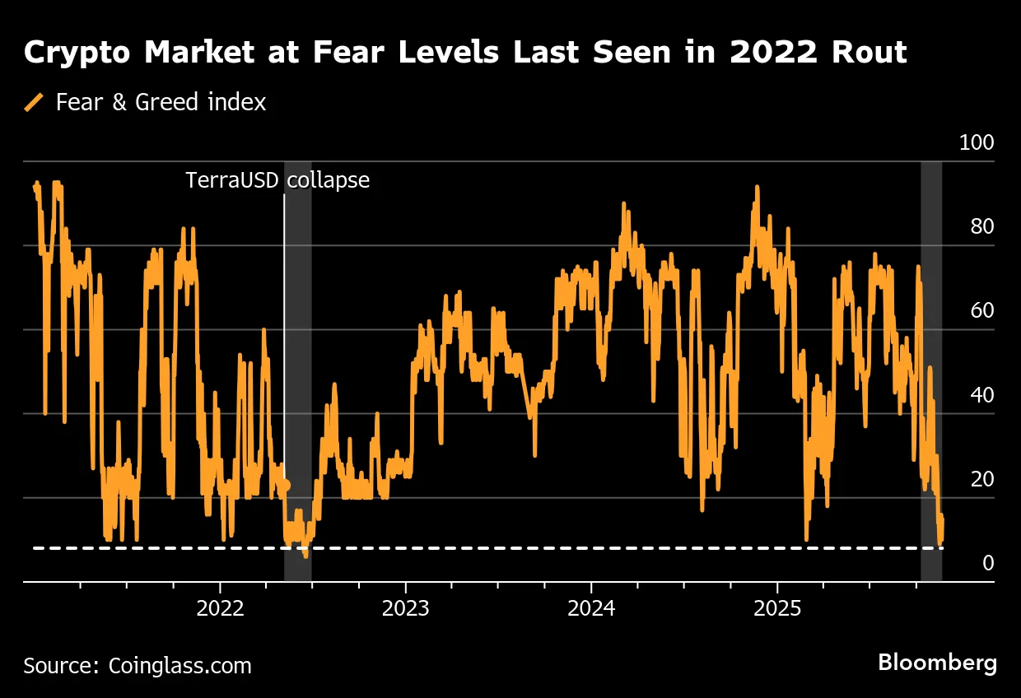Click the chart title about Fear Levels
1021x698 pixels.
click(465, 53)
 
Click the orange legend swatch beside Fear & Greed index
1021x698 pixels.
click(35, 103)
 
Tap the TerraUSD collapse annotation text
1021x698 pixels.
click(277, 179)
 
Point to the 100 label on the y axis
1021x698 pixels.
click(977, 143)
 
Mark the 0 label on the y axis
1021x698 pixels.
click(987, 563)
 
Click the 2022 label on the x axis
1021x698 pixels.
click(220, 610)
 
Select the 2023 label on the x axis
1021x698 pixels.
click(405, 610)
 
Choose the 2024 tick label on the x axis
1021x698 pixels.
click(591, 610)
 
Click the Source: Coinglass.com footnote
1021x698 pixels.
click(138, 665)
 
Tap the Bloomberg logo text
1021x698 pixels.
click(937, 663)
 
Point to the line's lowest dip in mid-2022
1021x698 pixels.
click(305, 556)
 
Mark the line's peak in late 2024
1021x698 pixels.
click(756, 188)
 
